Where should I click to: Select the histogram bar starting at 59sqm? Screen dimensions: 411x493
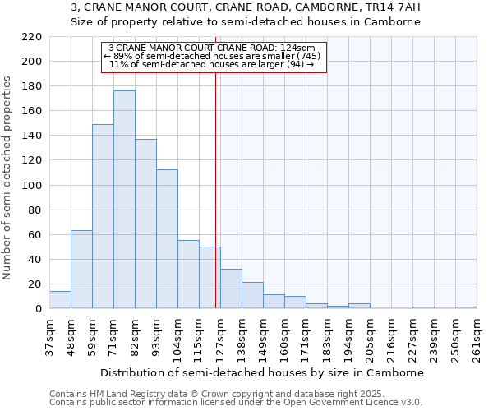coord(103,216)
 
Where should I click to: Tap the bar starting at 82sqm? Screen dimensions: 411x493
coord(145,224)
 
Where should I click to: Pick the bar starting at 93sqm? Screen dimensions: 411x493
coord(167,239)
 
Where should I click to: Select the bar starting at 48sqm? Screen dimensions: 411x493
coord(81,270)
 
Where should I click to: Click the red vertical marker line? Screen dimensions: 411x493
coord(215,189)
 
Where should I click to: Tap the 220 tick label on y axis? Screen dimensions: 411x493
coord(32,37)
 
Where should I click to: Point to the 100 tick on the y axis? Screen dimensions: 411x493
coord(32,186)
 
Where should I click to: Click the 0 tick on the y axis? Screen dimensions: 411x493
coord(39,309)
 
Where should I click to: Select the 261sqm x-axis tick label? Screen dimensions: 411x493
coord(477,338)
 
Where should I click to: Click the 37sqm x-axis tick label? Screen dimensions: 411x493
coord(49,338)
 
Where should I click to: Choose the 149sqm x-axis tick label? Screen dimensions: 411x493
coord(263,338)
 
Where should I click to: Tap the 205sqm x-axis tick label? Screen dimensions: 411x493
coord(370,338)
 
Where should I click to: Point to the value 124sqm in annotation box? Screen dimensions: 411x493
coord(299,48)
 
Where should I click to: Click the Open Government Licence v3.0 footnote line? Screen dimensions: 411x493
coord(236,402)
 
